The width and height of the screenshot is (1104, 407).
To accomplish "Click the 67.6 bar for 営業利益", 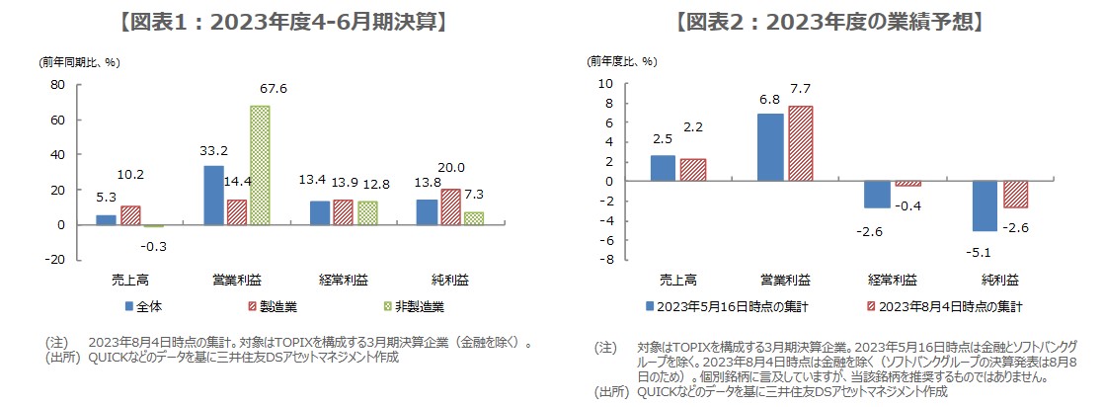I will [x=259, y=165].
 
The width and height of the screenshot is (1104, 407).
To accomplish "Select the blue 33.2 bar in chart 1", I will [x=213, y=195].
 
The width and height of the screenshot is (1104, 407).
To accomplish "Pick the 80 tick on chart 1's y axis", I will [x=57, y=86].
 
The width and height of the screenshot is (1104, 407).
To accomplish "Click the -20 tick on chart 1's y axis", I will [x=54, y=259].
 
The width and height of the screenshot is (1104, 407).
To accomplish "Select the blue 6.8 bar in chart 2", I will [x=770, y=147].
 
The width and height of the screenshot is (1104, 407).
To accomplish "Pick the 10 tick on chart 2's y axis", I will [x=610, y=84].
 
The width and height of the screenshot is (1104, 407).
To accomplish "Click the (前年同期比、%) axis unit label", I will [x=79, y=61].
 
